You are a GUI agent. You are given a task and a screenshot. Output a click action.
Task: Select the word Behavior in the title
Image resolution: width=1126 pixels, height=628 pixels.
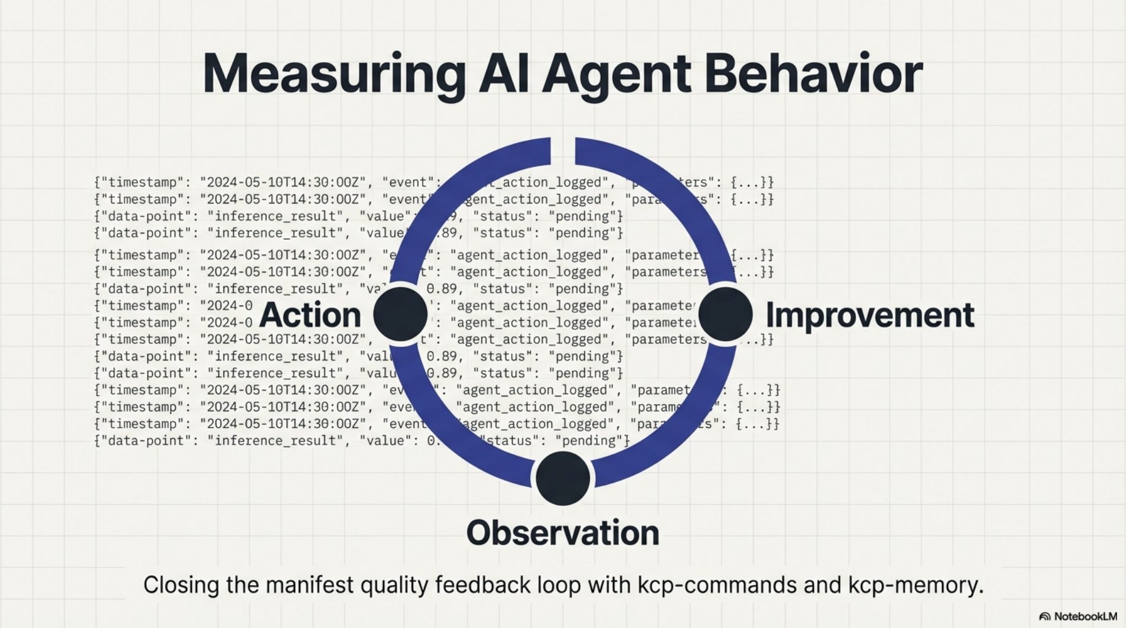812,74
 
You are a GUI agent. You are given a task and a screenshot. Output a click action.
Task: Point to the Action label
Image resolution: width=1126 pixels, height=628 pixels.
310,316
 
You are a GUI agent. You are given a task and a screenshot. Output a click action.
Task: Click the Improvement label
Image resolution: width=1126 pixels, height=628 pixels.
870,316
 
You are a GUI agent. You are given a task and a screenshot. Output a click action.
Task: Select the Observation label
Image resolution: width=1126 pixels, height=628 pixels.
563,533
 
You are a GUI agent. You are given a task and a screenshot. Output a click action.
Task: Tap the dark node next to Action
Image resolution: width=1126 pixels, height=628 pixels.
400,314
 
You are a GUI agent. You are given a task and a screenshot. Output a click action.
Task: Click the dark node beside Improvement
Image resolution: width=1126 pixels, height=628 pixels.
725,314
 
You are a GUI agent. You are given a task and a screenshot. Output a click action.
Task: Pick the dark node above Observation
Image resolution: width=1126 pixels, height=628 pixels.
563,478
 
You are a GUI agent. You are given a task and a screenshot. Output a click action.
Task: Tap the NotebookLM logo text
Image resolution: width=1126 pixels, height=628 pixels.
1084,616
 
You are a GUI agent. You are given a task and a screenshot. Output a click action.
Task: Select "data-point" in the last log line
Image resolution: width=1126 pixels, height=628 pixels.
146,441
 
